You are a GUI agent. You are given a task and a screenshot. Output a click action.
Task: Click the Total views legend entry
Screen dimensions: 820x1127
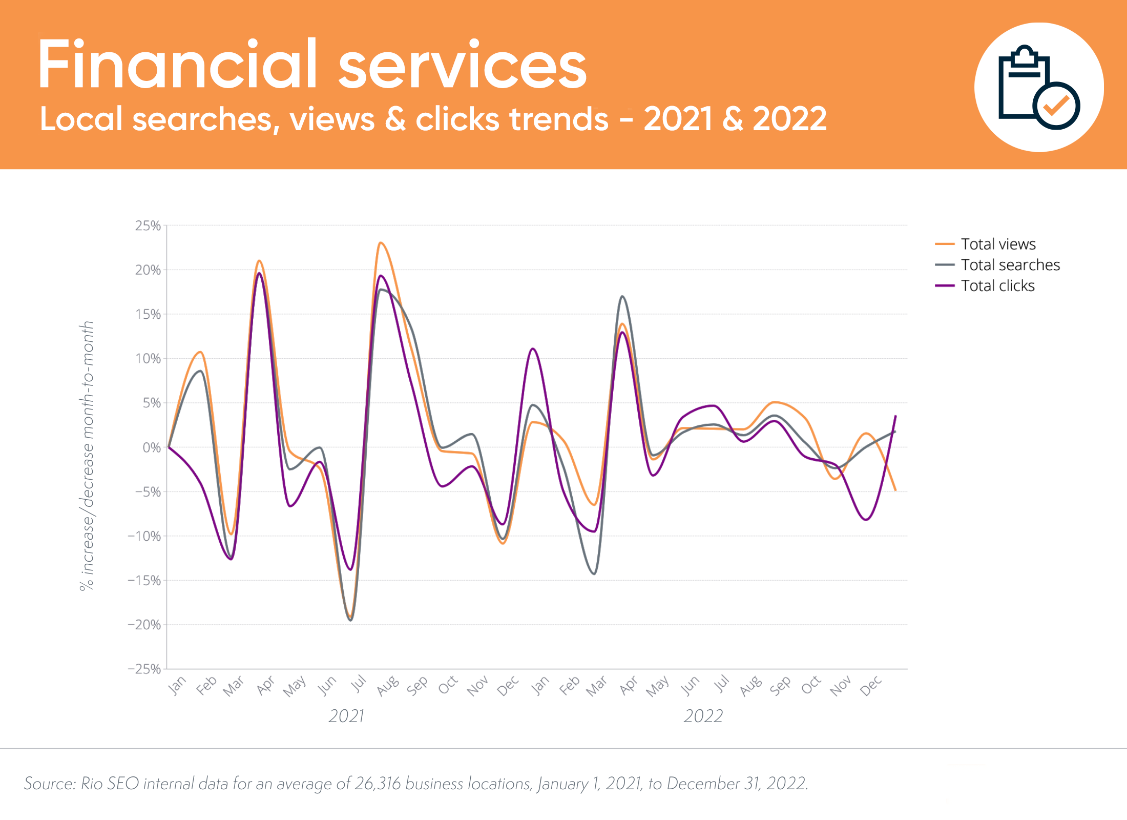point(997,244)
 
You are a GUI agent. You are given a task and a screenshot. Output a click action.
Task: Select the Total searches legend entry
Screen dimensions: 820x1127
point(1010,265)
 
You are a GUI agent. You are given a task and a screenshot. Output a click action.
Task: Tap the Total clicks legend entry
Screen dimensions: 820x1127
point(997,286)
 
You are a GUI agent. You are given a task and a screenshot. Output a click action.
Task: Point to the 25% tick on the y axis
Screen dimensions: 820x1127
point(148,225)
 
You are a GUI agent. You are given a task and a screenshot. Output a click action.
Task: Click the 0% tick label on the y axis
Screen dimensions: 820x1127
point(152,447)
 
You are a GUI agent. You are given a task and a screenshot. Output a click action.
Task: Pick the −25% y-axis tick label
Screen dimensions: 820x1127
point(145,669)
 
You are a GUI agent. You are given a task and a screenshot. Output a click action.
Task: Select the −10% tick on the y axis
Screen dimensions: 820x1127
point(145,536)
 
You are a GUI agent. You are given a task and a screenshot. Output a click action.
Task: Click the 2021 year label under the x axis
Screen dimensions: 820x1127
point(346,716)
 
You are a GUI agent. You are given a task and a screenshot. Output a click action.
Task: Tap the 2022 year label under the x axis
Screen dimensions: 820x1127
point(703,716)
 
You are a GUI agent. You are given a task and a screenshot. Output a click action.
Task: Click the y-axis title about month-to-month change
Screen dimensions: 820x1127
point(87,456)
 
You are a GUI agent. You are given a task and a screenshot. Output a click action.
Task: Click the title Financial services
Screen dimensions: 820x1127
point(312,65)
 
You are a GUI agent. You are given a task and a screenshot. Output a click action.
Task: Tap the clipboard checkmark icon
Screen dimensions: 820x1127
point(1039,87)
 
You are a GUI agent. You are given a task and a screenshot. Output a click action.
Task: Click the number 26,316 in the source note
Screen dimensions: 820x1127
point(377,784)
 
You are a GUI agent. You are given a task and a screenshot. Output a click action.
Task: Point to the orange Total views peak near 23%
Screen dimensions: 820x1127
point(381,243)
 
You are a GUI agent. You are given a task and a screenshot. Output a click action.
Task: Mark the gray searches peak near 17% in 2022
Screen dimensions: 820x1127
point(622,296)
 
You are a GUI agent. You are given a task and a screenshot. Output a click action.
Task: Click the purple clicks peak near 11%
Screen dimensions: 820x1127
point(533,349)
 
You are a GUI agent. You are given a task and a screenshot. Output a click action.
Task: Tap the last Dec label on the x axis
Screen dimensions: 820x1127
point(870,686)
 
